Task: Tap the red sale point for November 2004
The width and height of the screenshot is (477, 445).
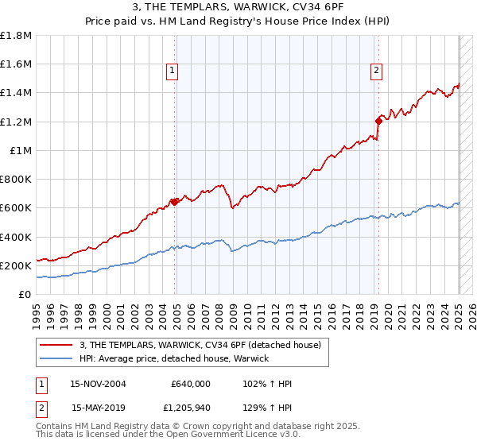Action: click(176, 202)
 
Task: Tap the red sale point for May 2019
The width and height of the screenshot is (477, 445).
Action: click(378, 121)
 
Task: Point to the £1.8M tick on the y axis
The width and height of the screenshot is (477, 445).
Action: click(16, 36)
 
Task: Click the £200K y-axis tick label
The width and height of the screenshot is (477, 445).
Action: click(16, 265)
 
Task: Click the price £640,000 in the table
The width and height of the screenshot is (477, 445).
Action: click(191, 384)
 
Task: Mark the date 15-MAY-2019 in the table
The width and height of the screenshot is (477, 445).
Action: click(99, 408)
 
